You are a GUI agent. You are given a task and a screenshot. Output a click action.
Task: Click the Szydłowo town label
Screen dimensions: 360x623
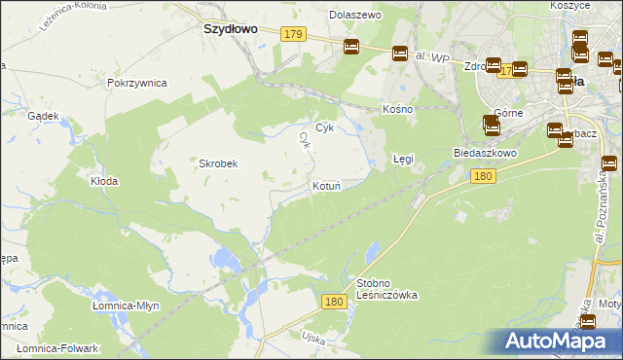(230, 29)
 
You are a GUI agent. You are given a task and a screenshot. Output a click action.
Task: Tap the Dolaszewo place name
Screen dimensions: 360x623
(355, 16)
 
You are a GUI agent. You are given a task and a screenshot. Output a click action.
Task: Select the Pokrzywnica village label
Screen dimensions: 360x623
(138, 84)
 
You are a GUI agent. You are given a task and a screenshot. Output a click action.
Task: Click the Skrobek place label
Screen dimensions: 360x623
(219, 163)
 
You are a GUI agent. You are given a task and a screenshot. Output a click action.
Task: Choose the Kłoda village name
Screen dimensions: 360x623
(104, 181)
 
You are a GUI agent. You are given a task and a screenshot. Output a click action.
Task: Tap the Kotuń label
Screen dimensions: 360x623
(325, 186)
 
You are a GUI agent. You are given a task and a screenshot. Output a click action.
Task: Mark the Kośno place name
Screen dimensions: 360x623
(398, 109)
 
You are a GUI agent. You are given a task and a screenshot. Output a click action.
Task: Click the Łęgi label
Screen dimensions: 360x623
(403, 158)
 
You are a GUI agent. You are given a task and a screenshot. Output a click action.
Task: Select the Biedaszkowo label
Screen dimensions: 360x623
(484, 154)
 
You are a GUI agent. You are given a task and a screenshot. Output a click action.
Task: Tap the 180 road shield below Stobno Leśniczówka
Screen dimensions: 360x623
(335, 303)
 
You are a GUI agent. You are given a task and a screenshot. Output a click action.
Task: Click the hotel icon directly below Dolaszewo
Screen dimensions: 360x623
(351, 46)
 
